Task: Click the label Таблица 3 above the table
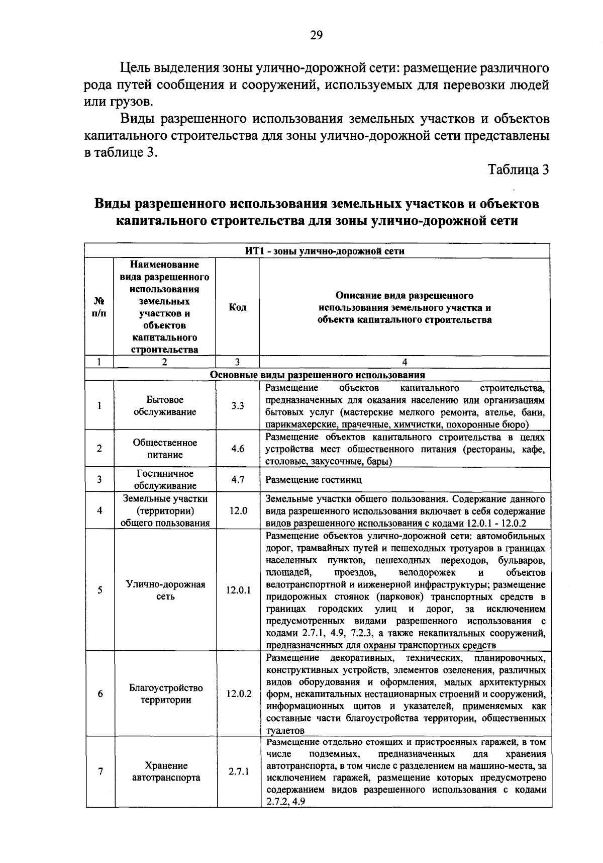coord(518,169)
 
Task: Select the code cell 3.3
coord(237,405)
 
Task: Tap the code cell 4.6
coord(237,449)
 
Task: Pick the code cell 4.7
coord(237,479)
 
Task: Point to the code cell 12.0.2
coord(238,694)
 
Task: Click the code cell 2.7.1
coord(238,771)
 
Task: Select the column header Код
coord(237,307)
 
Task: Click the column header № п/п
coord(99,307)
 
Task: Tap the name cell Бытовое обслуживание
coord(165,405)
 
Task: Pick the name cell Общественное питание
coord(165,449)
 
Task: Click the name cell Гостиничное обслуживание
coord(165,479)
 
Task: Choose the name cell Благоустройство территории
coord(165,694)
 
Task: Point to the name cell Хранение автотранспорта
coord(165,771)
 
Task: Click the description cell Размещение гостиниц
coord(314,480)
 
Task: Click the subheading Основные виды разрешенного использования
coord(317,375)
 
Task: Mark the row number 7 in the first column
coord(100,771)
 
